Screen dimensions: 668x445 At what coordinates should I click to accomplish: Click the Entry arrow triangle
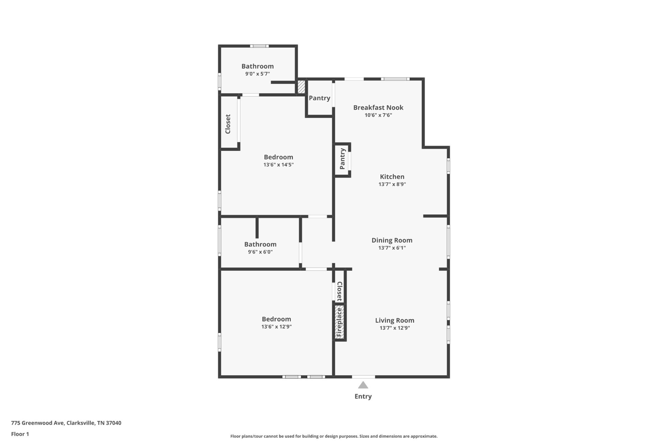point(363,385)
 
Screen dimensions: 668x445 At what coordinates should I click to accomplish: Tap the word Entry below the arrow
point(363,396)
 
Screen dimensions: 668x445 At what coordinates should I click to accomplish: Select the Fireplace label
point(339,322)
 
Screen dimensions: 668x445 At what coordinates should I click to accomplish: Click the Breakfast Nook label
point(378,108)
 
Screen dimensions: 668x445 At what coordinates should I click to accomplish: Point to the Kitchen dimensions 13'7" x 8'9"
point(392,184)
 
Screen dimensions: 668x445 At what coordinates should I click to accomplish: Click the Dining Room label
point(392,240)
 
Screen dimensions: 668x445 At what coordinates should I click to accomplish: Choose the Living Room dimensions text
point(395,328)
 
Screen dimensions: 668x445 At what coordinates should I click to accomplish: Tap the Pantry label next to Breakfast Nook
point(320,98)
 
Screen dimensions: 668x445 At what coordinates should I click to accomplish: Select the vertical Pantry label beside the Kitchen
point(342,159)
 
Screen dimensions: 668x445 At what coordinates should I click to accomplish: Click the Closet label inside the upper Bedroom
point(228,124)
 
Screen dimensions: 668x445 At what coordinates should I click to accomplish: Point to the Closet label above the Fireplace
point(340,292)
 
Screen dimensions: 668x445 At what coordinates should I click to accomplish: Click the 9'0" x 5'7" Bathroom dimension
point(258,74)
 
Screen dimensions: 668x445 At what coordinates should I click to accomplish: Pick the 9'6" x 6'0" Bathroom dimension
point(260,252)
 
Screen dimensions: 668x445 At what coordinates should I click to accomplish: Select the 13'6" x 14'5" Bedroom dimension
point(279,165)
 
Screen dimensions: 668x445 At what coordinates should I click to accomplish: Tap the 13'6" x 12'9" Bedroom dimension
point(277,327)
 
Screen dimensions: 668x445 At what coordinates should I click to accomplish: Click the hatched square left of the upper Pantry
point(301,87)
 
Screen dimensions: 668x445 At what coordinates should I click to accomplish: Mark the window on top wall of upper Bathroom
point(259,46)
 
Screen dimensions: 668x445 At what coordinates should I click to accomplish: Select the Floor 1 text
point(20,434)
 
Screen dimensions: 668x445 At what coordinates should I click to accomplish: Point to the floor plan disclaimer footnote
point(334,436)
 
